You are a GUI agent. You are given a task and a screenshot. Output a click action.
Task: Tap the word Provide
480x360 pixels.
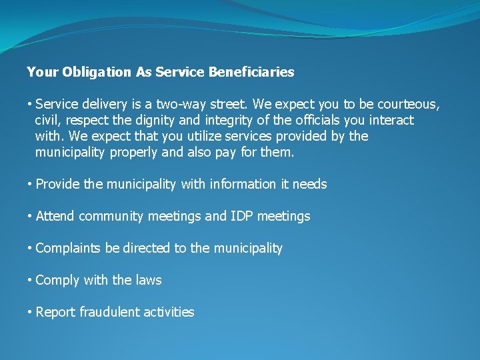tap(58, 185)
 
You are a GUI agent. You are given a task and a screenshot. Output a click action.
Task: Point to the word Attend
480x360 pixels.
tap(55, 217)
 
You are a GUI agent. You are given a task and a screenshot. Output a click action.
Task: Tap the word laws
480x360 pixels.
tap(149, 281)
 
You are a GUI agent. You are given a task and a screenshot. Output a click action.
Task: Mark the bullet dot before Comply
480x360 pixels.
tap(30, 281)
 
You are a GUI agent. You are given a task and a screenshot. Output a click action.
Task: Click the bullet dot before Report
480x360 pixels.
tap(30, 313)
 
